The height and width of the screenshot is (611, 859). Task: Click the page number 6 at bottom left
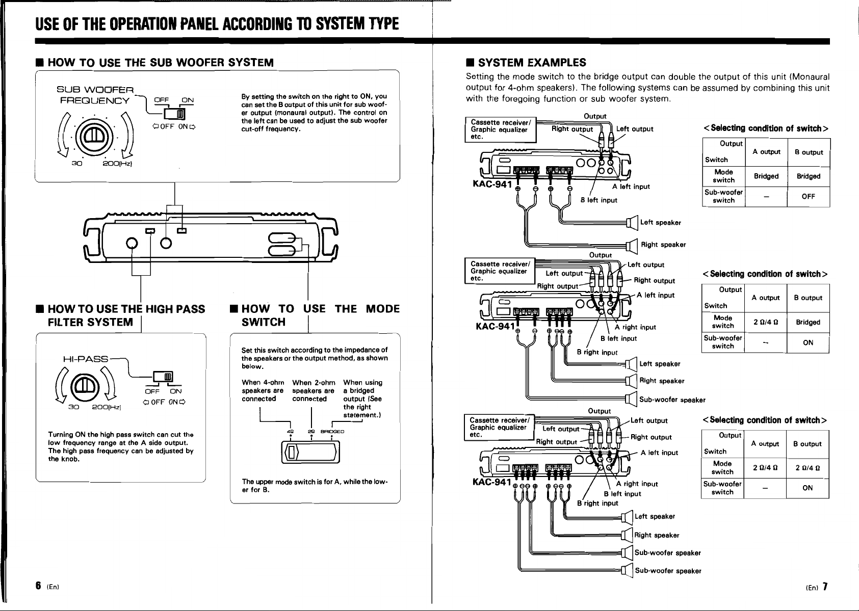tap(38, 586)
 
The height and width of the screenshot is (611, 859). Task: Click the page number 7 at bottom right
tap(825, 587)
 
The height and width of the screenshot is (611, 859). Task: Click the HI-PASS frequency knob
tap(86, 387)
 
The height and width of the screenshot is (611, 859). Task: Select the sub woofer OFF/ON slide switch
tap(175, 114)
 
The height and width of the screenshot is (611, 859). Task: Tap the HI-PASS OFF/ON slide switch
tap(163, 377)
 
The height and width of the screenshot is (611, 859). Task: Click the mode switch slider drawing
tap(310, 453)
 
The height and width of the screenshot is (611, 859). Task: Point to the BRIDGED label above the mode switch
tap(332, 432)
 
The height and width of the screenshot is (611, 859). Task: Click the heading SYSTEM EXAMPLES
tap(532, 63)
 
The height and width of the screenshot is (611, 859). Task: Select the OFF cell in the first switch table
tap(808, 196)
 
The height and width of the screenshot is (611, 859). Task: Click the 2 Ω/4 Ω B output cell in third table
tap(808, 468)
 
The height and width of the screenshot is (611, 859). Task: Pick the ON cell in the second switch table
tap(808, 342)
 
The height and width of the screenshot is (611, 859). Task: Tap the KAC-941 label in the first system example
tap(492, 184)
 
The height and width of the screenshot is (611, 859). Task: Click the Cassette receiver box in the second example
tap(500, 271)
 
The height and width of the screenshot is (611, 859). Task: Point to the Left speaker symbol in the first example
tap(632, 222)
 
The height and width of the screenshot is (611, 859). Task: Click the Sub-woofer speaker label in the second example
tap(672, 400)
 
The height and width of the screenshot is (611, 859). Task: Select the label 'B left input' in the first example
tap(598, 200)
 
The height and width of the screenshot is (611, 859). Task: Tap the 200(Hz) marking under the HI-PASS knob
tap(106, 407)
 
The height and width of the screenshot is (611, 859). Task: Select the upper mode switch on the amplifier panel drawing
tap(281, 238)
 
